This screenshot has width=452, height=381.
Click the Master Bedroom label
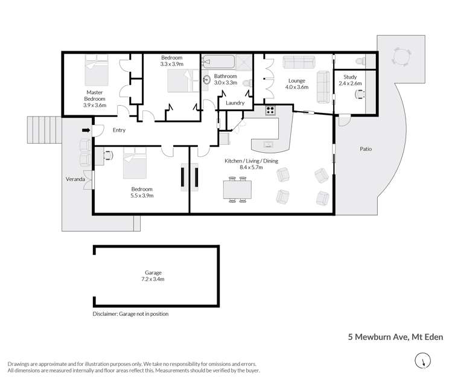[x=94, y=98]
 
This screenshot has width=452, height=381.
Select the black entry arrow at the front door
[x=86, y=130]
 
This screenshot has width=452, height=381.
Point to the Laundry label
[x=235, y=103]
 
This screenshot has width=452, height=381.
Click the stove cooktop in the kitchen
[x=270, y=110]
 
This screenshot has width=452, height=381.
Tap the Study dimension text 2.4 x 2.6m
[x=351, y=84]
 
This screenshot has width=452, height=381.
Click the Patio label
[x=366, y=148]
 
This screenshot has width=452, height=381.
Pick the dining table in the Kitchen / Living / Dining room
[x=237, y=190]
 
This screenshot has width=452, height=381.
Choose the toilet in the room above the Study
[x=360, y=61]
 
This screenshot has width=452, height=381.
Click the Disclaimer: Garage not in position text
[x=130, y=314]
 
